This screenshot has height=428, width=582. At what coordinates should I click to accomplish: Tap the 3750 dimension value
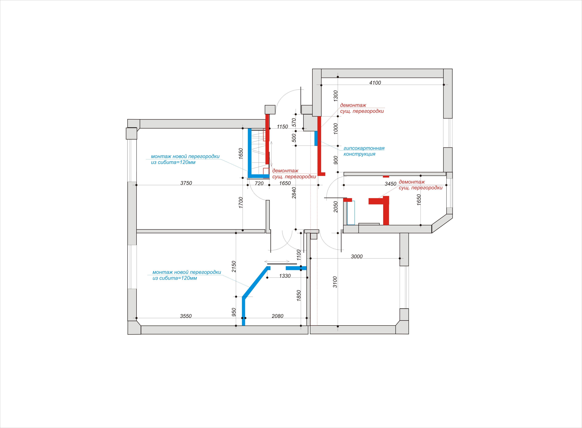pyautogui.click(x=186, y=183)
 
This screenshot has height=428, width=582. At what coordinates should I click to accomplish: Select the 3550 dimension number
pyautogui.click(x=186, y=316)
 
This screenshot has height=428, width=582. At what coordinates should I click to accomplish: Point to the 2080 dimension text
pyautogui.click(x=277, y=316)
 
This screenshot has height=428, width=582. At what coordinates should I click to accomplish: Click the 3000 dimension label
pyautogui.click(x=357, y=256)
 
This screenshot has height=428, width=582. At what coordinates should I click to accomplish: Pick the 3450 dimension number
pyautogui.click(x=390, y=184)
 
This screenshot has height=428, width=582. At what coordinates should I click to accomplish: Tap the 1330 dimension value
pyautogui.click(x=285, y=276)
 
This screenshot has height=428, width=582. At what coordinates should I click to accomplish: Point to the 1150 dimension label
pyautogui.click(x=282, y=127)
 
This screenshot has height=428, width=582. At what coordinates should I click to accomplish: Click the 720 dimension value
pyautogui.click(x=259, y=183)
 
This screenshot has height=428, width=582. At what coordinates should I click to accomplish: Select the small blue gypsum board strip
pyautogui.click(x=316, y=138)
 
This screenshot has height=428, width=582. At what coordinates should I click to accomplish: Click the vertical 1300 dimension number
pyautogui.click(x=336, y=96)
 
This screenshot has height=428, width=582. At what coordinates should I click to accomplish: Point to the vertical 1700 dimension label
pyautogui.click(x=241, y=203)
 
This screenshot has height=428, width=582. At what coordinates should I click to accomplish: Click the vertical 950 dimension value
pyautogui.click(x=234, y=312)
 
